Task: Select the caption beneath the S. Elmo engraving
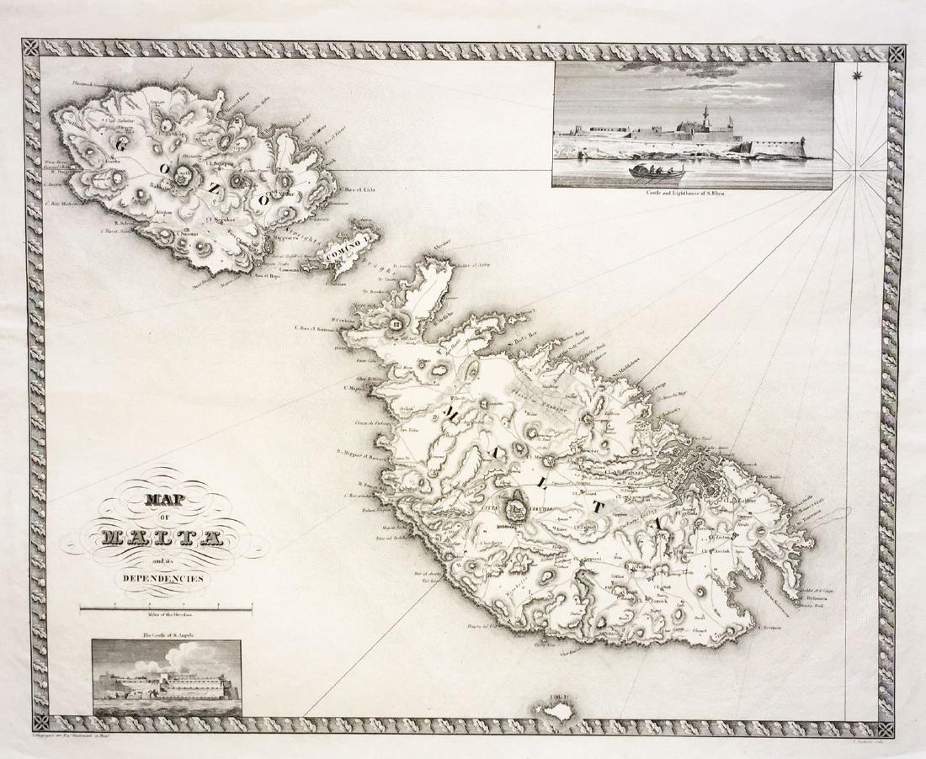(x=693, y=194)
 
